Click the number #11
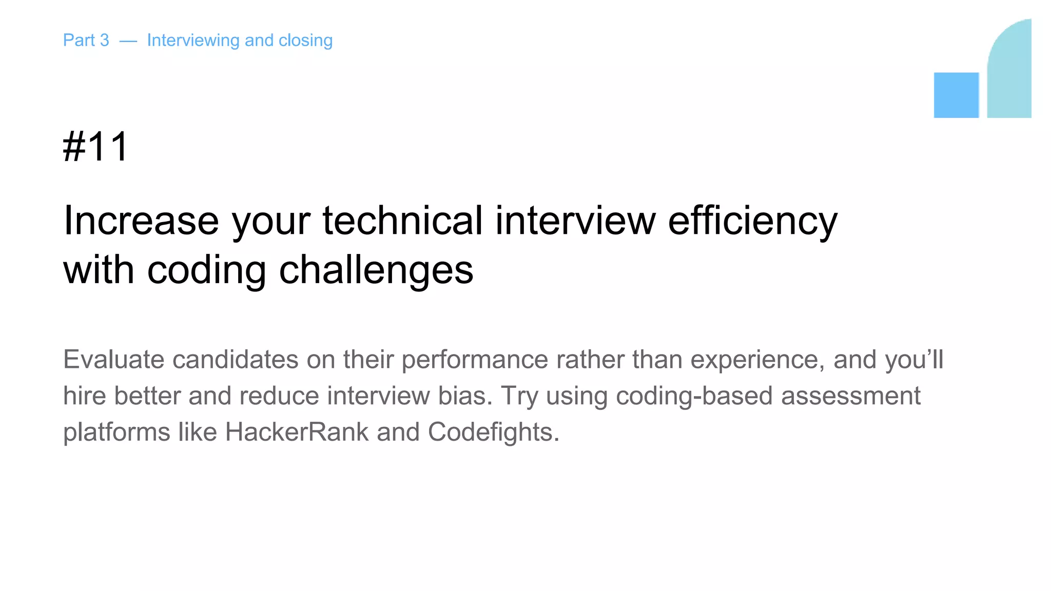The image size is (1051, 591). tap(95, 147)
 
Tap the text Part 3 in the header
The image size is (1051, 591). tap(86, 40)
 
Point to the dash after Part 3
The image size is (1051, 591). tap(128, 41)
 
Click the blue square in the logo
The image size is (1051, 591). tap(956, 95)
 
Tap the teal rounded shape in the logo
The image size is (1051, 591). tap(1009, 72)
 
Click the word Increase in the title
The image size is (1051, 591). tap(141, 221)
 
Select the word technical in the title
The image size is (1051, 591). tap(403, 221)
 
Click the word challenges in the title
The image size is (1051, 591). tap(376, 270)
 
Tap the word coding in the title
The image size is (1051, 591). tap(206, 270)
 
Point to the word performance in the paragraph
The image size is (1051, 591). tap(475, 360)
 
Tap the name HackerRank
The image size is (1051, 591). tap(297, 432)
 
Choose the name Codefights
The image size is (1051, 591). tap(493, 432)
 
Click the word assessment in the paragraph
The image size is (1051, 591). tap(850, 396)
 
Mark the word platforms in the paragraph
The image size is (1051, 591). tap(116, 432)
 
